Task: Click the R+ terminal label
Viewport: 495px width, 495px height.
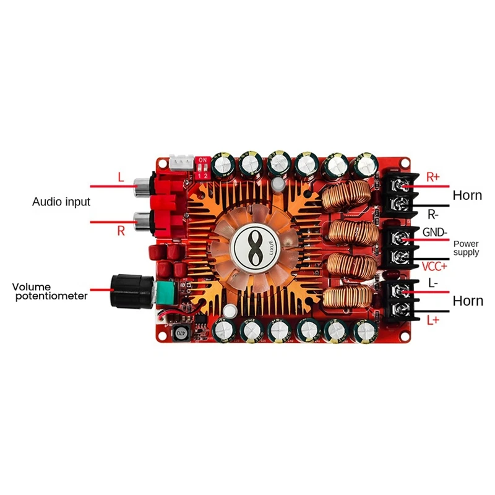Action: pyautogui.click(x=433, y=176)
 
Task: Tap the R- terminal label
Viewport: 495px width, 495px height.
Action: pyautogui.click(x=434, y=215)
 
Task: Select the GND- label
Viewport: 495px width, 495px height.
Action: pyautogui.click(x=435, y=233)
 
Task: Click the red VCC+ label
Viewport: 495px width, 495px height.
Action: pyautogui.click(x=434, y=267)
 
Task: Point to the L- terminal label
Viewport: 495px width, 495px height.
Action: pyautogui.click(x=433, y=283)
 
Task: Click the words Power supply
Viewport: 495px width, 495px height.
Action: pyautogui.click(x=466, y=248)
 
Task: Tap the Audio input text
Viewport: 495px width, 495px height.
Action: pyautogui.click(x=61, y=202)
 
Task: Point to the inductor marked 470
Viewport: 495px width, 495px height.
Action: pyautogui.click(x=180, y=333)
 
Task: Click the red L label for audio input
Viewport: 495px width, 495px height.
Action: pyautogui.click(x=121, y=178)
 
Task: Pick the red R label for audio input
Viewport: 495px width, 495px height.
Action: pyautogui.click(x=121, y=231)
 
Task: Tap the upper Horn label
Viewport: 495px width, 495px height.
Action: pyautogui.click(x=467, y=196)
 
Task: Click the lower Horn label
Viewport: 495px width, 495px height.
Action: pyautogui.click(x=467, y=301)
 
